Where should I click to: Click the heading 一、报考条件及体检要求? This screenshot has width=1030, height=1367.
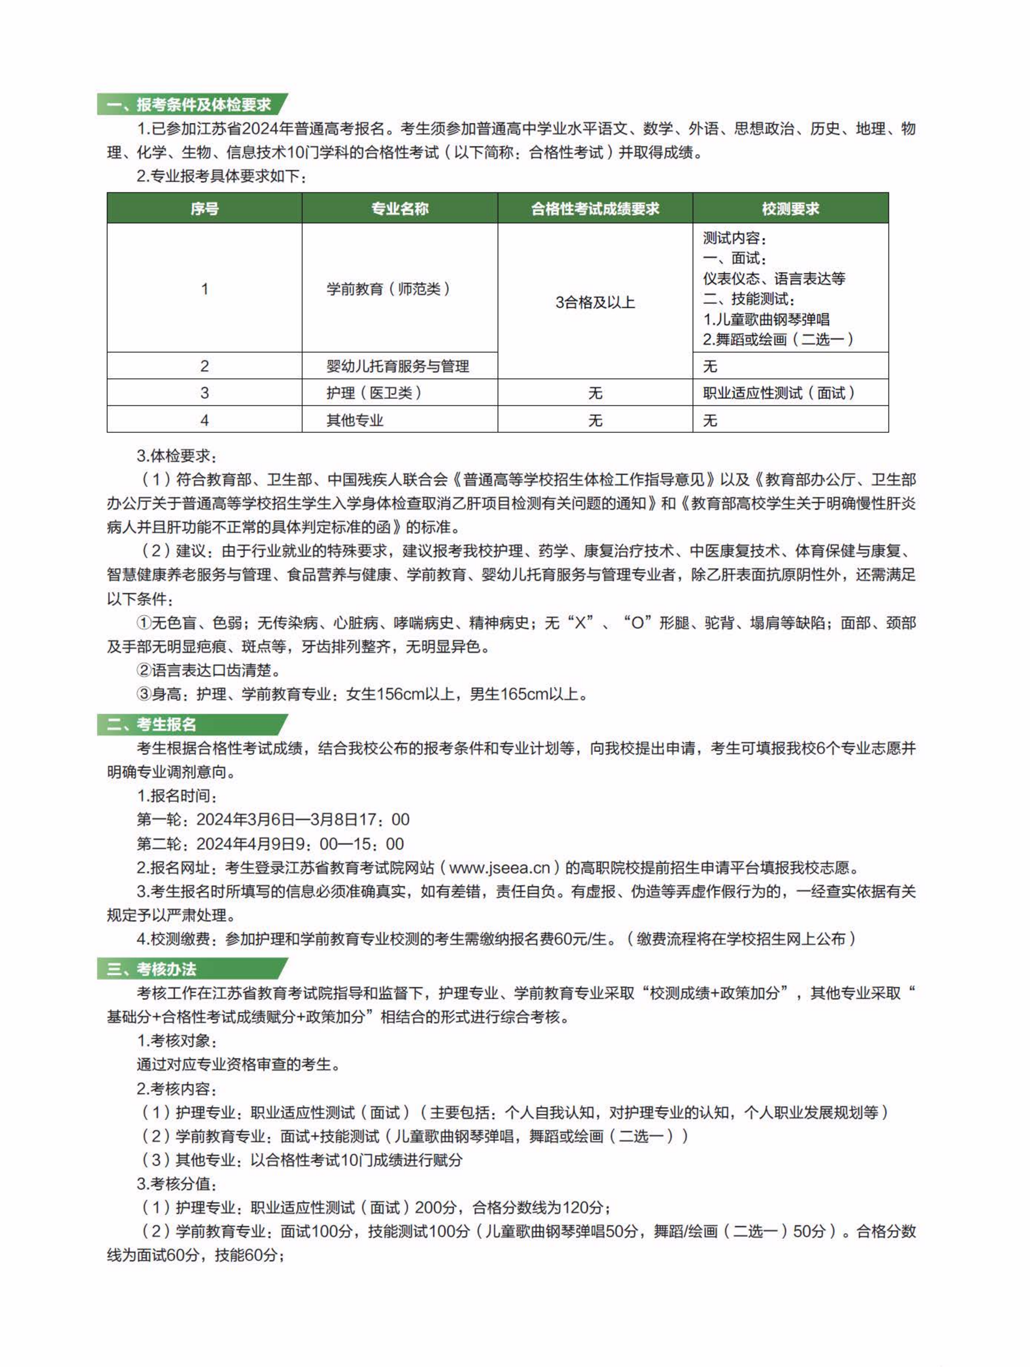tap(188, 104)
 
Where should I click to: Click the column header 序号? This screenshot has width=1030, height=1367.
tap(205, 208)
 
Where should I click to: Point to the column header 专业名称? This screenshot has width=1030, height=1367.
tap(399, 208)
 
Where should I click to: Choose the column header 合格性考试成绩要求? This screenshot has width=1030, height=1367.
tap(595, 208)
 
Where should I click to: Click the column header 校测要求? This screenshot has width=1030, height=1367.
tap(790, 208)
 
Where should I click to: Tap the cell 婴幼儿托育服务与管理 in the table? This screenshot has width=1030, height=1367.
tap(398, 366)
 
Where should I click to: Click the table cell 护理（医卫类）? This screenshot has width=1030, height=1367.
tap(374, 393)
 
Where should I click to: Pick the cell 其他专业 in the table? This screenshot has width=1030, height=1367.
tap(355, 420)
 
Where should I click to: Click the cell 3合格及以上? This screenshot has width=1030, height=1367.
tap(595, 302)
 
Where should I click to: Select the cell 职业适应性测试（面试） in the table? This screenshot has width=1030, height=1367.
tap(779, 393)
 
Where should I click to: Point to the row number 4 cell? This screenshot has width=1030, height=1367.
tap(205, 420)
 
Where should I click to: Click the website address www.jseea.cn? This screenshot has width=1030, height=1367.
tap(499, 868)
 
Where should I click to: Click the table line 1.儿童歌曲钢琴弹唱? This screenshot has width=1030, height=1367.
tap(766, 319)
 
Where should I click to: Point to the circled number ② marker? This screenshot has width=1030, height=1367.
tap(144, 671)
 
